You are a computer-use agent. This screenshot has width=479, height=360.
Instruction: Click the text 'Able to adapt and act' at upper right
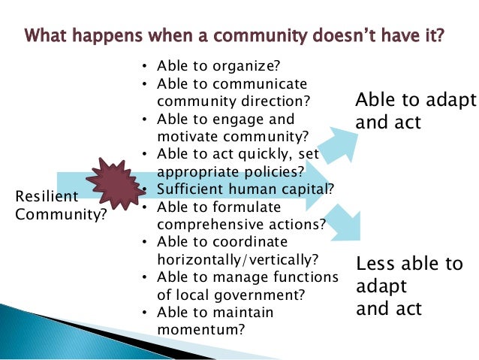point(415,111)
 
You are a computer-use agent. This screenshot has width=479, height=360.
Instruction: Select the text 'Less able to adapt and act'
point(409,286)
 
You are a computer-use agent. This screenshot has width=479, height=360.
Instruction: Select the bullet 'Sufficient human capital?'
point(246,189)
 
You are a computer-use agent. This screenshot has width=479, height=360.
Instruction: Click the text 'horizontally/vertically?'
point(237,259)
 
